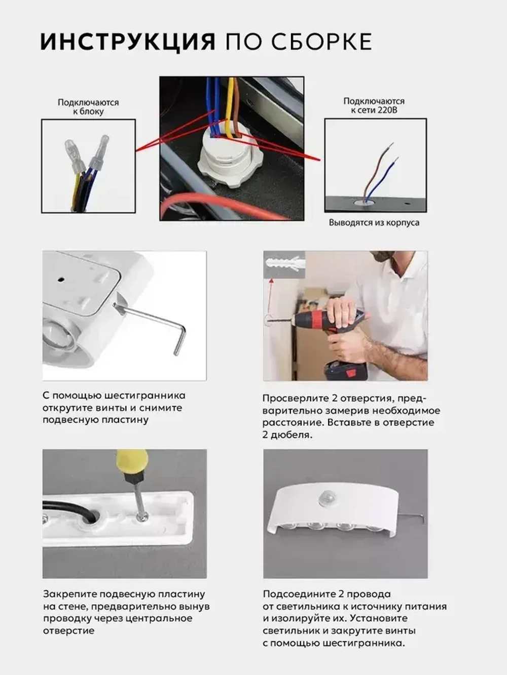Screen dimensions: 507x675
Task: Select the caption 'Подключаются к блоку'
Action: pyautogui.click(x=88, y=107)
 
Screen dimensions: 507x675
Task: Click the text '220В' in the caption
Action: pyautogui.click(x=386, y=110)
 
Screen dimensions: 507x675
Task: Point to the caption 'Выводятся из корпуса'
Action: pyautogui.click(x=374, y=223)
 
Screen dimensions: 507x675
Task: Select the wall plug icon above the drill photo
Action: pyautogui.click(x=284, y=264)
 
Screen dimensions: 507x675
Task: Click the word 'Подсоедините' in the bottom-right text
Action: pyautogui.click(x=298, y=594)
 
